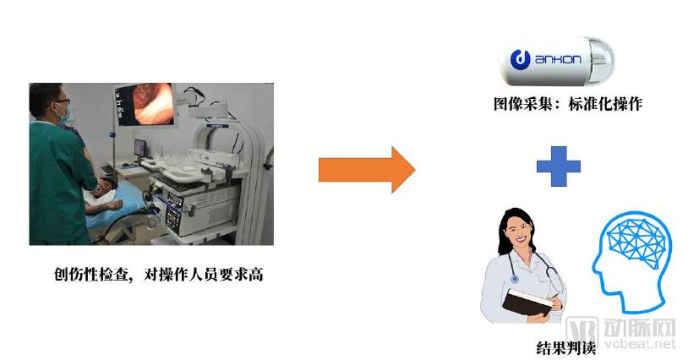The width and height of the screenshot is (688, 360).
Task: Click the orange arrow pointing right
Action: (366, 170)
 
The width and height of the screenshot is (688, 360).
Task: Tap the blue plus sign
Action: (558, 166)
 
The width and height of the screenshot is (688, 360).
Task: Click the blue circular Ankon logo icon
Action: (520, 60)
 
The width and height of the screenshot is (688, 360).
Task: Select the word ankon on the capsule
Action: (558, 59)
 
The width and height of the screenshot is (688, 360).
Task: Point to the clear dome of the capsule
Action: (602, 61)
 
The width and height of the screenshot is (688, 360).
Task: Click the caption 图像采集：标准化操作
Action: (568, 104)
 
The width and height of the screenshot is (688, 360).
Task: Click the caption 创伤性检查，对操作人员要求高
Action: (159, 275)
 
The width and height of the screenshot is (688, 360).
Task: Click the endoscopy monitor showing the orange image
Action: (145, 105)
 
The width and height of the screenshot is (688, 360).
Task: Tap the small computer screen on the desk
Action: (139, 148)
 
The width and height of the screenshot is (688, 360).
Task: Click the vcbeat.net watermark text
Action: (640, 343)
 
